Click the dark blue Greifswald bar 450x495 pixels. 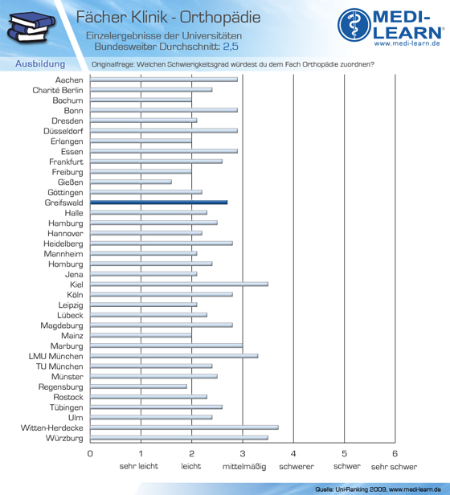[x=159, y=202]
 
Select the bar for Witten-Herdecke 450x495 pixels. [x=185, y=427]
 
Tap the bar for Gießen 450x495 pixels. [x=131, y=182]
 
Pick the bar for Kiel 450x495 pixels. [x=179, y=284]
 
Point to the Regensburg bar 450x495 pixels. [x=139, y=387]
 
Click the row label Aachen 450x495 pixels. [x=69, y=80]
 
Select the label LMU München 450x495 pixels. [x=56, y=356]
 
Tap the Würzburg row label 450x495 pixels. [x=64, y=438]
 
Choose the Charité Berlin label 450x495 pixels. [x=58, y=90]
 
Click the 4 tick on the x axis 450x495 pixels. [x=293, y=454]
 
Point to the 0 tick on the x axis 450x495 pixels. [x=90, y=454]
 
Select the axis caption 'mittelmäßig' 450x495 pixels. [x=244, y=467]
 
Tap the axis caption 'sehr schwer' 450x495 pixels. [x=394, y=467]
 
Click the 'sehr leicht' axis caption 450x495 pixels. [x=139, y=466]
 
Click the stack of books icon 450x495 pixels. [x=31, y=27]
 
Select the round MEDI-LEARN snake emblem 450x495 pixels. [x=354, y=25]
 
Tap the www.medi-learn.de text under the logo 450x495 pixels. [x=407, y=43]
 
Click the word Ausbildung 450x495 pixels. [x=40, y=63]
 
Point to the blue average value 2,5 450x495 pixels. [x=231, y=47]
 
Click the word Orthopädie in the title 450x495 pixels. [x=220, y=18]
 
